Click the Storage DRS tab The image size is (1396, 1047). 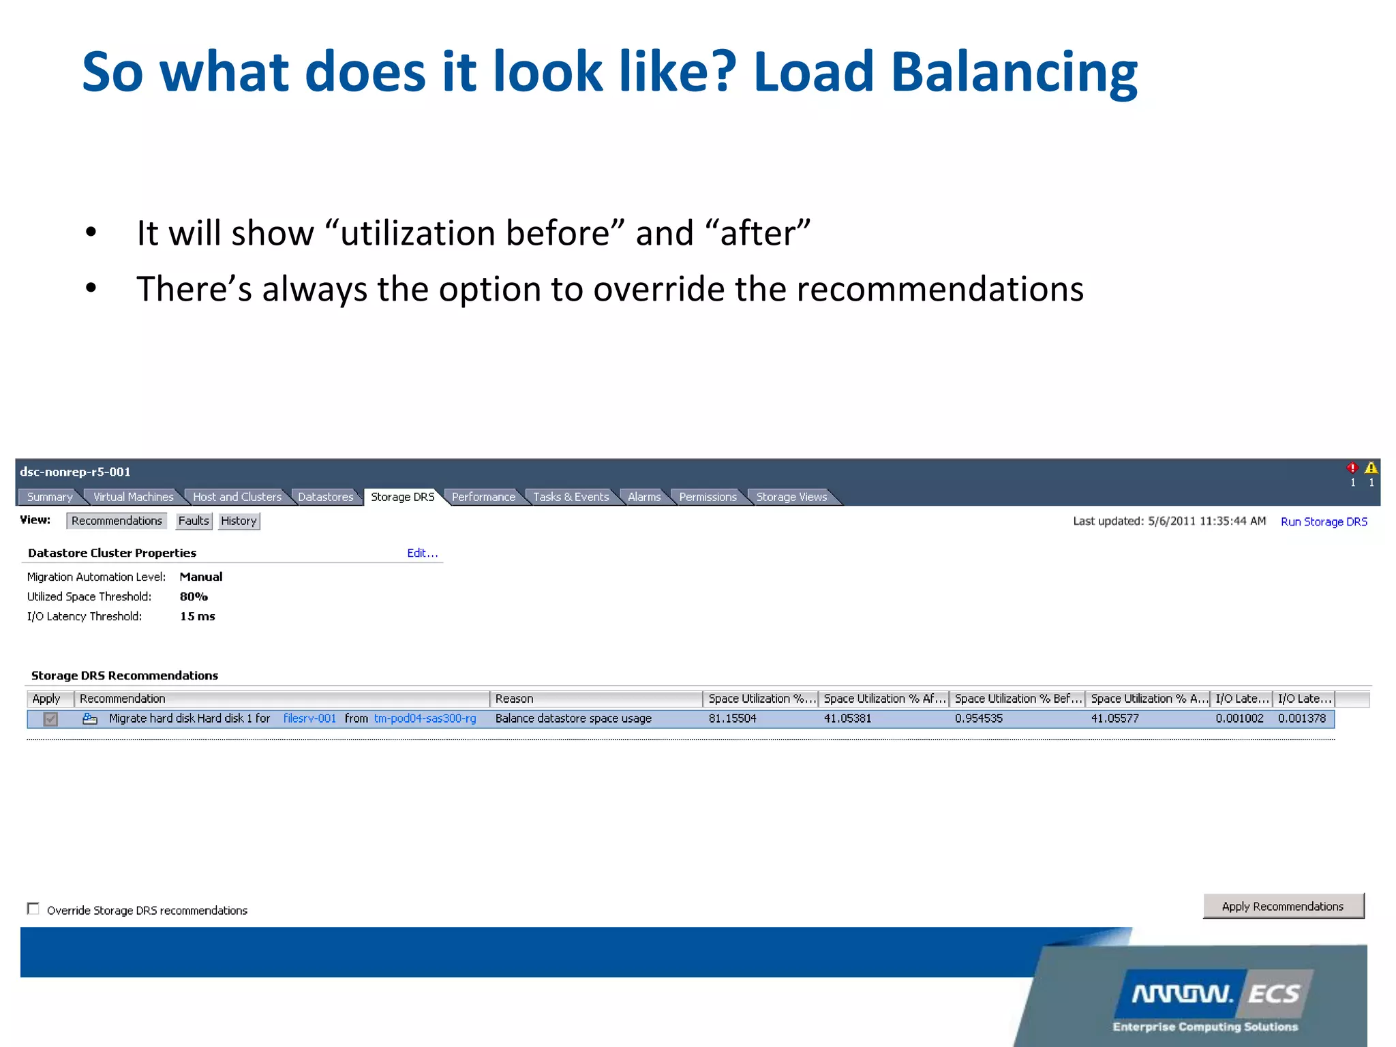click(402, 497)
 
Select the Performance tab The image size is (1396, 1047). click(483, 497)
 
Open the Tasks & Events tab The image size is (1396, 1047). click(571, 497)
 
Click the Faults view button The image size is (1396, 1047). click(194, 521)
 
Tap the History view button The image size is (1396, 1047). click(239, 521)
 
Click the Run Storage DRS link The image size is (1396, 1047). click(1324, 521)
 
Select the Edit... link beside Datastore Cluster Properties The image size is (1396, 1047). click(422, 553)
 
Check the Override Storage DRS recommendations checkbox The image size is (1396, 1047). click(33, 909)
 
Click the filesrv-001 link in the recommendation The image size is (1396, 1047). click(309, 718)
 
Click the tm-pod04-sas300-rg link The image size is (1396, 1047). click(425, 718)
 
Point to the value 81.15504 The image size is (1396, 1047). click(732, 718)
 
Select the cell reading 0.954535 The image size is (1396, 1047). click(978, 718)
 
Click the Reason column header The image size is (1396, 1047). click(515, 699)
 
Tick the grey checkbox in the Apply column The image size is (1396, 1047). click(50, 719)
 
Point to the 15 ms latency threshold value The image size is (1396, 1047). click(197, 616)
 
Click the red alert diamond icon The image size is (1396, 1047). click(1352, 468)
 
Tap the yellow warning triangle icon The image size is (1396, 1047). click(1371, 468)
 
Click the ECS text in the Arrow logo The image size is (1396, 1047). click(1273, 994)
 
